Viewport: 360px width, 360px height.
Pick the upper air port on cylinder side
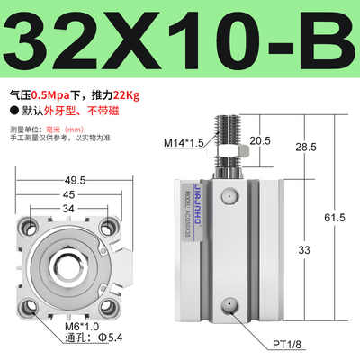(231, 195)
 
